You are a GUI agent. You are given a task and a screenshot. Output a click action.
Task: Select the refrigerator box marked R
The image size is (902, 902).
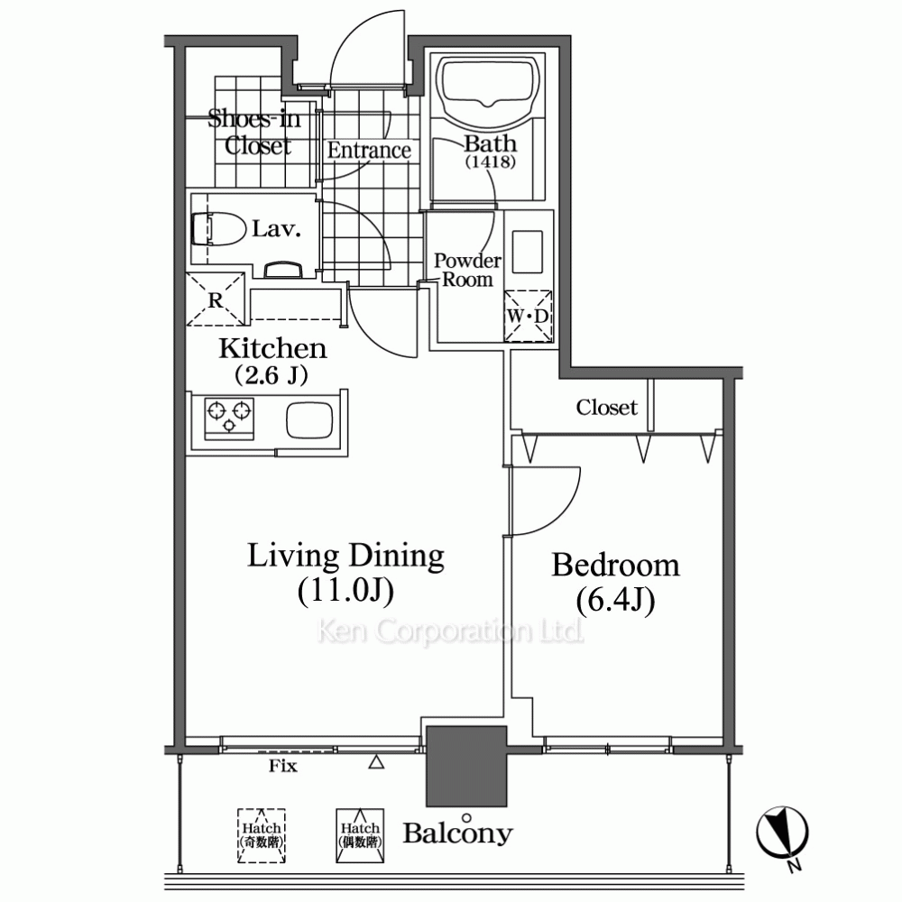(x=216, y=299)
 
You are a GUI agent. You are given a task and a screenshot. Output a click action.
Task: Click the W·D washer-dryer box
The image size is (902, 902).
(x=528, y=316)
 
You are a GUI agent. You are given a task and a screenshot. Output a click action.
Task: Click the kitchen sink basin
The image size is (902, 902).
(x=309, y=419)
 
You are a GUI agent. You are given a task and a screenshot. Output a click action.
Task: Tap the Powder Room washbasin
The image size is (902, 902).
(x=528, y=252)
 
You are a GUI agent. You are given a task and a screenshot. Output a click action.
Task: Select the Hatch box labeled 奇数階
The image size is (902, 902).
(x=262, y=836)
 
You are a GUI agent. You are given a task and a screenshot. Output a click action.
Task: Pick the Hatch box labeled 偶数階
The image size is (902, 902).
(x=360, y=836)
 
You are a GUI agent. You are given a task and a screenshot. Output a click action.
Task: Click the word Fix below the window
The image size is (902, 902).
(x=283, y=766)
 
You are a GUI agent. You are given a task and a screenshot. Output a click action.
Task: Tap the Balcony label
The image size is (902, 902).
(x=457, y=833)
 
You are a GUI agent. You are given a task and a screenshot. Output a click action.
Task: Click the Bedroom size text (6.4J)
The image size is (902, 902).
(x=615, y=601)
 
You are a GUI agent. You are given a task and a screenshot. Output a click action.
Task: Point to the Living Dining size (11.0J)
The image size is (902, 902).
(x=345, y=592)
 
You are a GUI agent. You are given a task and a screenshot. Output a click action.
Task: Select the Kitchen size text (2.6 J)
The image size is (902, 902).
(x=271, y=375)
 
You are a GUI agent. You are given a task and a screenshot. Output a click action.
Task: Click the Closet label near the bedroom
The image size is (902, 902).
(x=607, y=408)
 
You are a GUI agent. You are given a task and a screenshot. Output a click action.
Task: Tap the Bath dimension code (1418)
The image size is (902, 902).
(x=491, y=161)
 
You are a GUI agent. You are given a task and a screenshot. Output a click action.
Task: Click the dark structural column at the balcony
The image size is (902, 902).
(x=466, y=766)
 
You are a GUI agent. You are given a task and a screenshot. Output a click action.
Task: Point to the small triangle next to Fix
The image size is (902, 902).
(x=376, y=762)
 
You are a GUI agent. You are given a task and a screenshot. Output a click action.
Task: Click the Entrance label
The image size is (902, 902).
(x=369, y=150)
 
